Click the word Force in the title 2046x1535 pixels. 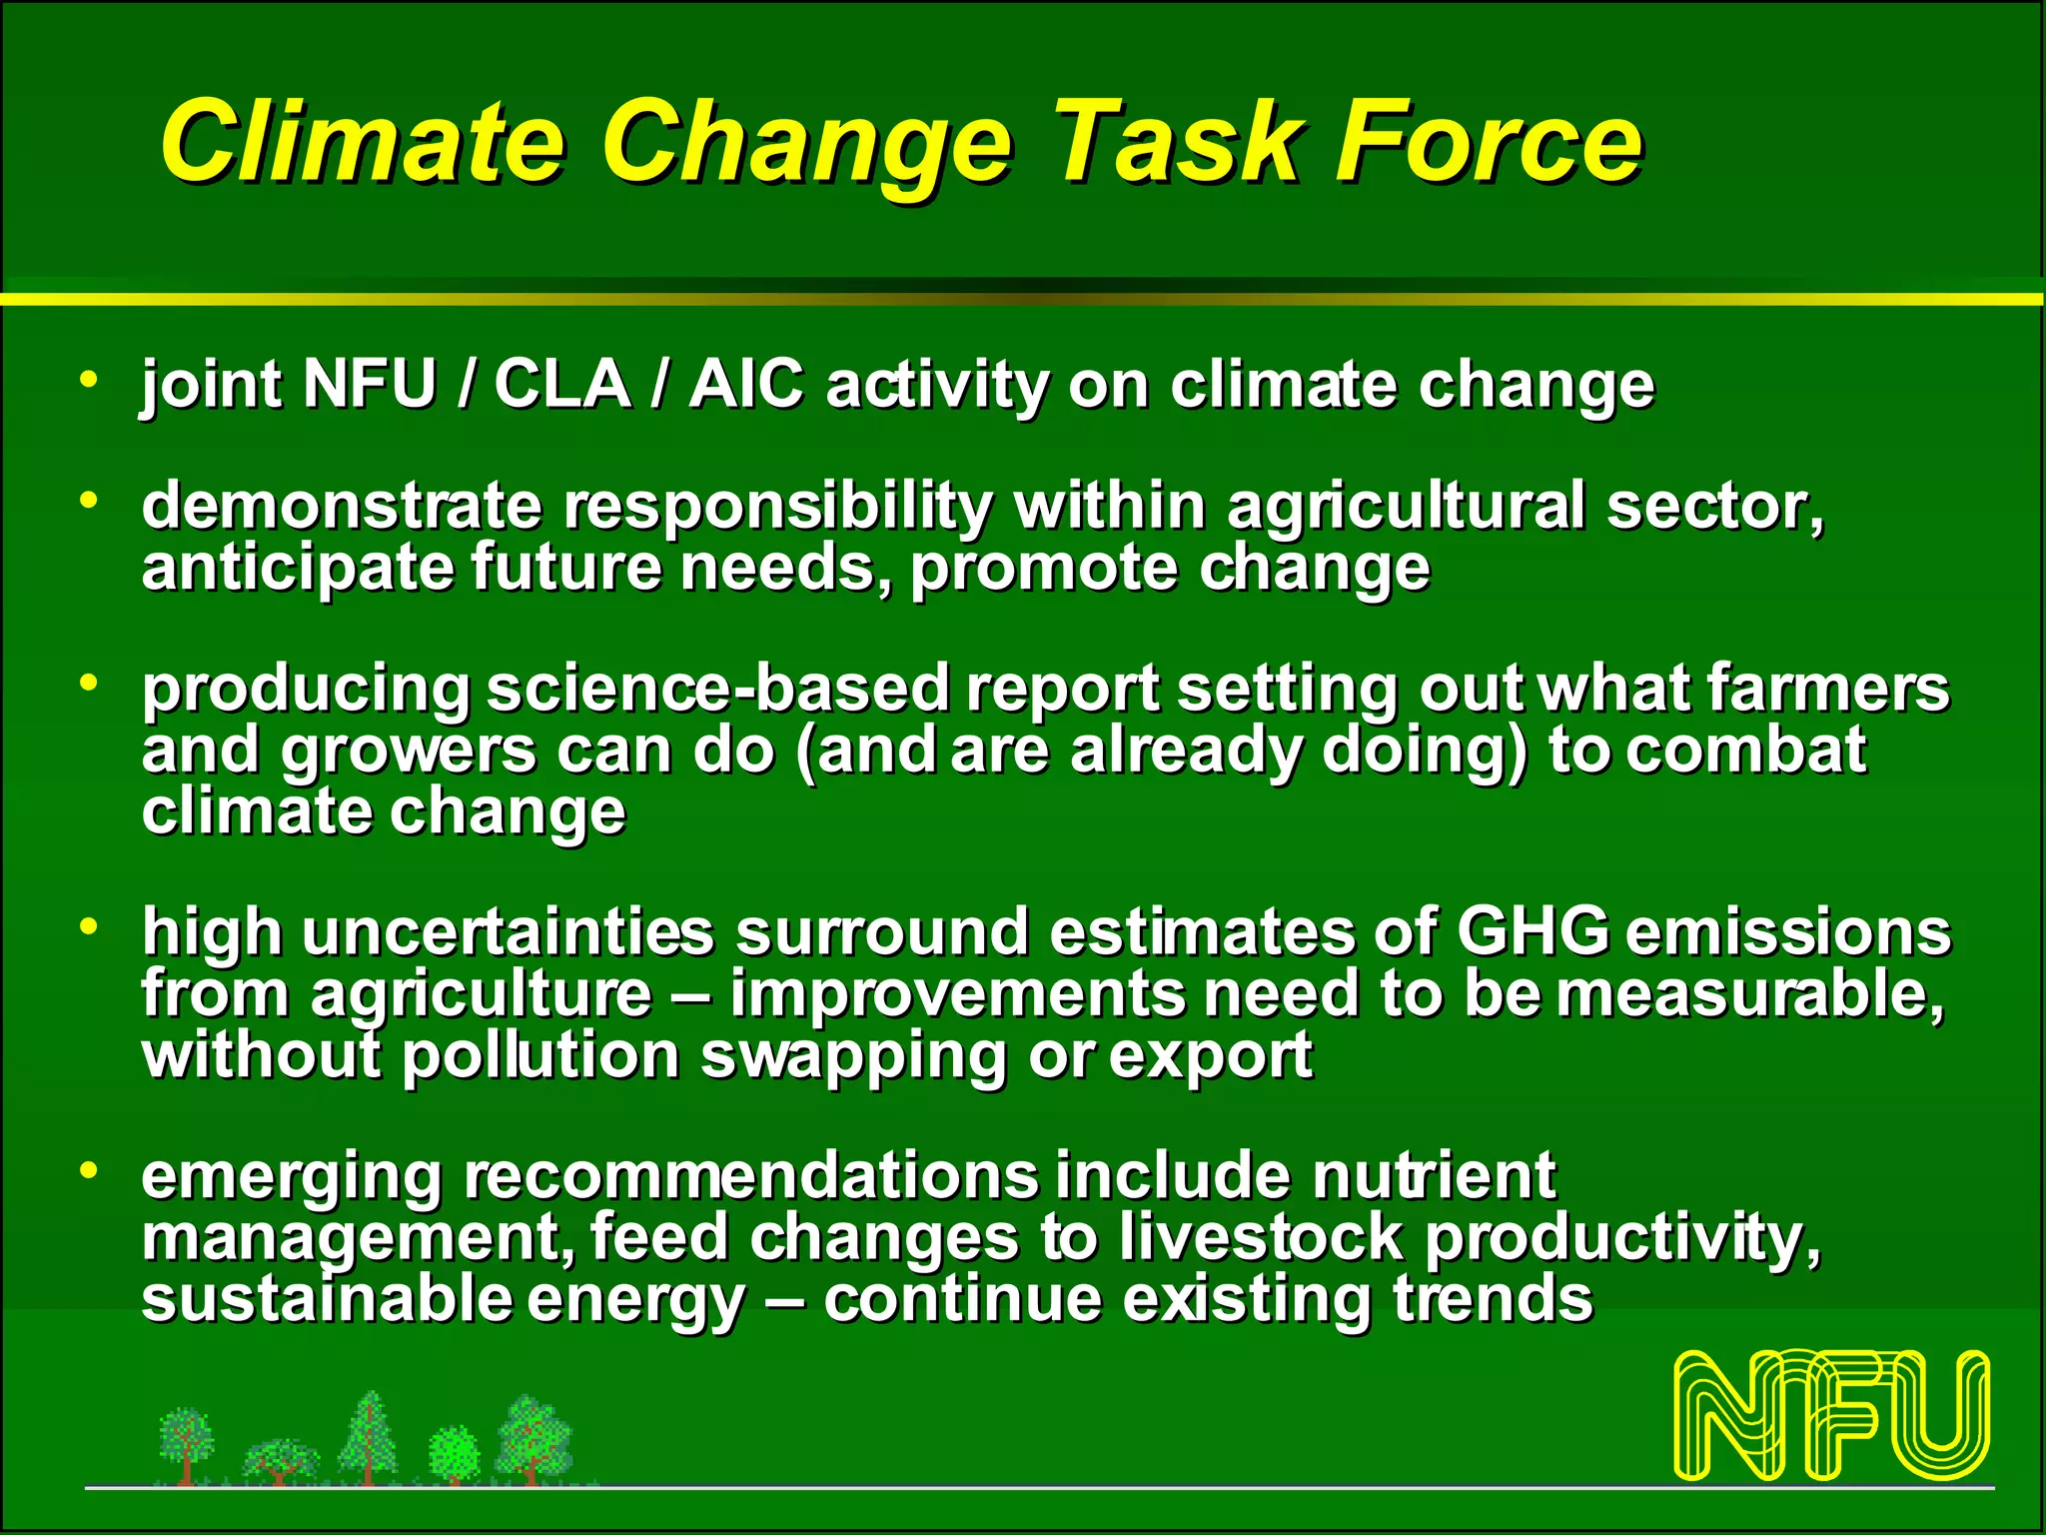pos(1489,142)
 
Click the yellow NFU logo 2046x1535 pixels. pos(1831,1415)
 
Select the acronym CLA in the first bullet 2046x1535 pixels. pos(561,384)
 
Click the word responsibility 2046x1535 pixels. pos(777,507)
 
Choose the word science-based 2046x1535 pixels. pos(717,689)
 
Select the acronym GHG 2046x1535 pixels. pos(1533,931)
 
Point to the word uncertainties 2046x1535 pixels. pos(508,931)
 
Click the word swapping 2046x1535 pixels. pos(853,1057)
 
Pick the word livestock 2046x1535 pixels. pos(1261,1237)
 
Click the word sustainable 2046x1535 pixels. pos(325,1299)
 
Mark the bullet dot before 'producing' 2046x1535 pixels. pos(90,684)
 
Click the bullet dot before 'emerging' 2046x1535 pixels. pos(90,1169)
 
